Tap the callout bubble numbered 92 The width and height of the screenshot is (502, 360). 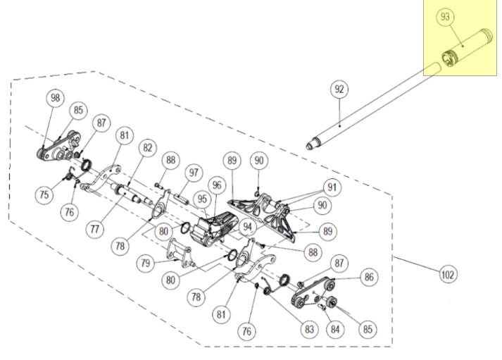339,89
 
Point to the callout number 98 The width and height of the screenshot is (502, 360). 56,98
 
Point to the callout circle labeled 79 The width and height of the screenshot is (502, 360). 146,263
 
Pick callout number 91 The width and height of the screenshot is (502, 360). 332,187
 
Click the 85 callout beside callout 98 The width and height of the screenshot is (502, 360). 77,110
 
